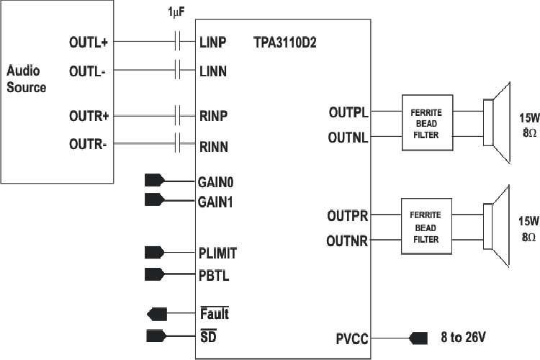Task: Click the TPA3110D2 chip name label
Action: coord(285,42)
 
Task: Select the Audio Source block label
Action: coord(26,79)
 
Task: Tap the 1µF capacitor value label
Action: coord(177,12)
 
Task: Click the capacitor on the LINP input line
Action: coord(177,42)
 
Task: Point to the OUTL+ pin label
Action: coord(88,42)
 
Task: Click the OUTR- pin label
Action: coord(88,145)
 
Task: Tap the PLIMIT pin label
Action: coord(217,253)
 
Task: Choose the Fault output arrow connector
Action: coord(156,314)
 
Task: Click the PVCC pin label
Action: coord(352,338)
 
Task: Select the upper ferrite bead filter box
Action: coord(426,122)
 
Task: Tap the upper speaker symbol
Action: coord(497,122)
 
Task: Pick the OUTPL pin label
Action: coord(348,112)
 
